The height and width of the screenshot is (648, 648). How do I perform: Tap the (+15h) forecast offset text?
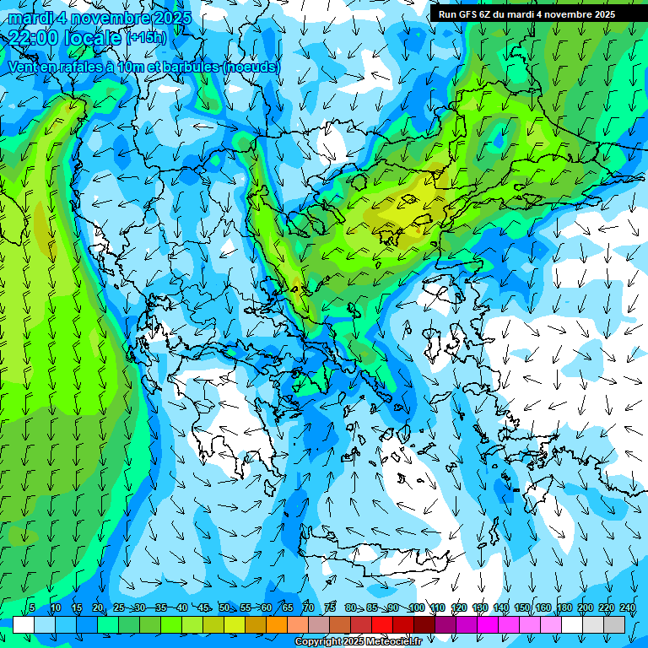coord(147,37)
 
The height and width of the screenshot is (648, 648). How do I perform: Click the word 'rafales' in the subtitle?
coord(81,67)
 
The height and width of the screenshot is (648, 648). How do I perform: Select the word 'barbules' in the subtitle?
coord(193,67)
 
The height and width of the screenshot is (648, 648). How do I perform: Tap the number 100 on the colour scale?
coord(416,608)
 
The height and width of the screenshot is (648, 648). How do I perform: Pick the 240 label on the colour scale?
coord(628,608)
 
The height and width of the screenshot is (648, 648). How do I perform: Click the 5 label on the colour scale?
coord(32,608)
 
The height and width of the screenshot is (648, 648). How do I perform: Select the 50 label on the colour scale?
coord(224,608)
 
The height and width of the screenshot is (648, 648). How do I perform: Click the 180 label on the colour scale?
coord(563,608)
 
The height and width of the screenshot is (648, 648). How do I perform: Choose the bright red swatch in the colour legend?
coord(382,624)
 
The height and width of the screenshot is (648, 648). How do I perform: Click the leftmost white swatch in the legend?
coord(24,624)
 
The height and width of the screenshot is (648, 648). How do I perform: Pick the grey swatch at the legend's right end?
coord(614,624)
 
